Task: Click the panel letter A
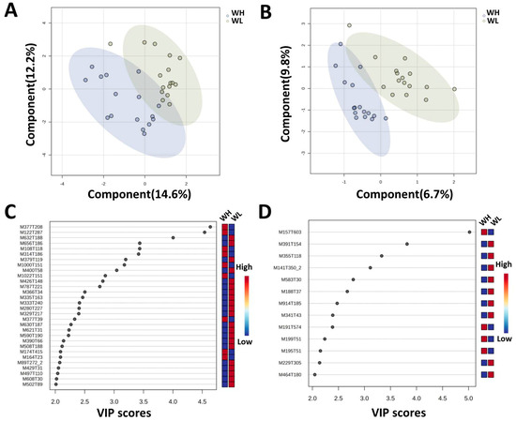coord(10,11)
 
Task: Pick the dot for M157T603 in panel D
coord(469,232)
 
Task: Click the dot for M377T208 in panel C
coord(210,226)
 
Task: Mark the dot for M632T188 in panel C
coord(173,237)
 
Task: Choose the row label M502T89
coord(33,383)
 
